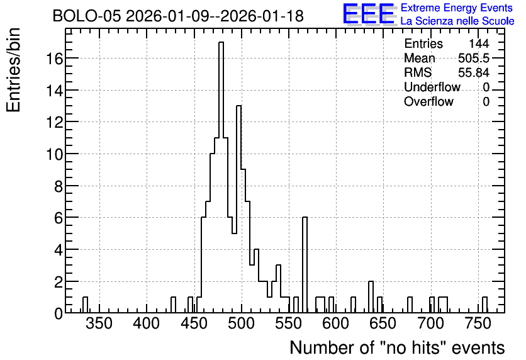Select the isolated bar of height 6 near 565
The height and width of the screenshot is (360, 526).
pyautogui.click(x=305, y=265)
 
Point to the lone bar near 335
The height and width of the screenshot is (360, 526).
pyautogui.click(x=85, y=305)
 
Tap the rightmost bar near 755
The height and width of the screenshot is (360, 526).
pyautogui.click(x=484, y=305)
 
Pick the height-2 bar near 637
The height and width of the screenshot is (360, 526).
pyautogui.click(x=371, y=297)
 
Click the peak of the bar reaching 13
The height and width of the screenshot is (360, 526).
pyautogui.click(x=239, y=106)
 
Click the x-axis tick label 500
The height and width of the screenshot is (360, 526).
pyautogui.click(x=241, y=323)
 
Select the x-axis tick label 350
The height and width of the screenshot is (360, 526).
pyautogui.click(x=99, y=323)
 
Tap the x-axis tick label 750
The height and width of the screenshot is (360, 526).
pyautogui.click(x=478, y=323)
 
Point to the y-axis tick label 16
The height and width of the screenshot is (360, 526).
pyautogui.click(x=54, y=59)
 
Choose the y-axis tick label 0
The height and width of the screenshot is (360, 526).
pyautogui.click(x=59, y=313)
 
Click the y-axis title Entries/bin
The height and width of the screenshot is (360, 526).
pyautogui.click(x=14, y=70)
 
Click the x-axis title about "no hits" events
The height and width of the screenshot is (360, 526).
pyautogui.click(x=397, y=348)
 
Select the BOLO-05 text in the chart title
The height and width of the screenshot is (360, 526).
pyautogui.click(x=86, y=16)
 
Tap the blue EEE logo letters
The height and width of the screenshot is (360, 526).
pyautogui.click(x=369, y=14)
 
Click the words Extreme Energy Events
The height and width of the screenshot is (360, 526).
pyautogui.click(x=457, y=8)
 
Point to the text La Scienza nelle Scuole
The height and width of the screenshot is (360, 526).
pyautogui.click(x=457, y=21)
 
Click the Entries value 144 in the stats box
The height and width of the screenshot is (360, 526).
pyautogui.click(x=479, y=43)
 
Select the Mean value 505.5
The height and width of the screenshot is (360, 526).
pyautogui.click(x=474, y=59)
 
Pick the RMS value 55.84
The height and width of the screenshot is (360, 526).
pyautogui.click(x=474, y=72)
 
